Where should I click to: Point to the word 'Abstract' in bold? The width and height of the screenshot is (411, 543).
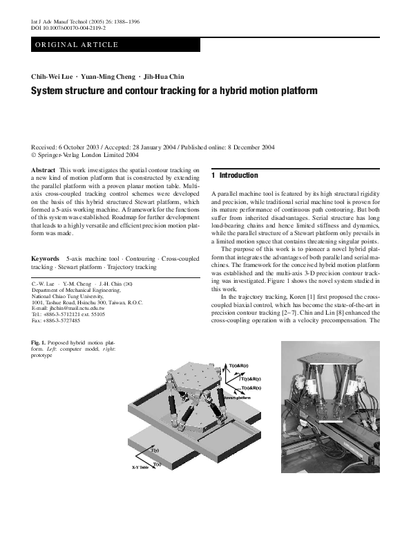tap(44, 170)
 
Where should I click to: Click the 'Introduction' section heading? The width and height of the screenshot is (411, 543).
tap(238, 176)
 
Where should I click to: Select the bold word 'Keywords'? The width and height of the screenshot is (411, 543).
tap(46, 259)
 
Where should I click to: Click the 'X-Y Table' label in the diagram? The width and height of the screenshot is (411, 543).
tap(140, 467)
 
